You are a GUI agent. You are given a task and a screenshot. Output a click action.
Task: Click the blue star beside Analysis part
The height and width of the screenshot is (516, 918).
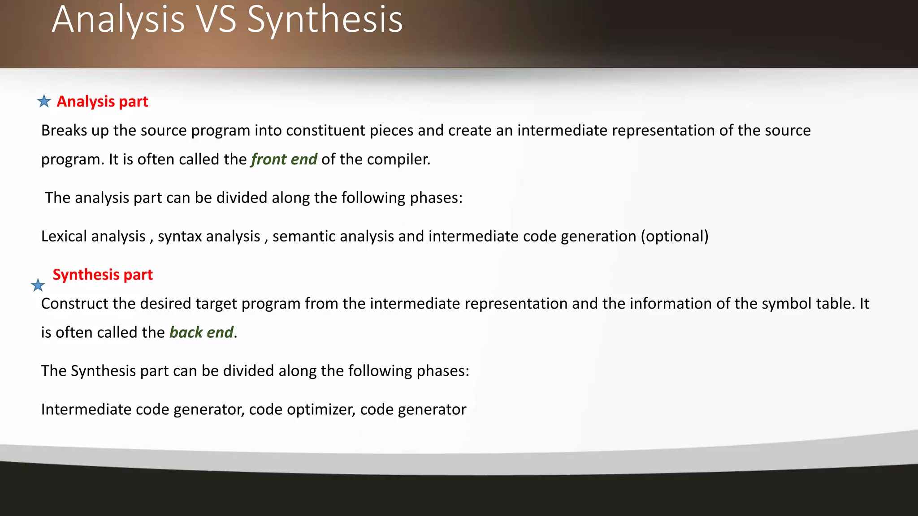pyautogui.click(x=44, y=101)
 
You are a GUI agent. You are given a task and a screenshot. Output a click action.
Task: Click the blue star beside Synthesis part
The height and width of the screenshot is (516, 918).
pyautogui.click(x=38, y=285)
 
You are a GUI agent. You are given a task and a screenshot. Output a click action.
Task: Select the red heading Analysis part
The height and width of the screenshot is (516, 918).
pyautogui.click(x=102, y=102)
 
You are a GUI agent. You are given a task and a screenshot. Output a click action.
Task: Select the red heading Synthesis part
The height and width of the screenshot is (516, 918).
pyautogui.click(x=103, y=275)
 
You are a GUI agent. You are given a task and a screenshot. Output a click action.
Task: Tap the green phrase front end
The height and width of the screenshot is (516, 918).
pyautogui.click(x=284, y=159)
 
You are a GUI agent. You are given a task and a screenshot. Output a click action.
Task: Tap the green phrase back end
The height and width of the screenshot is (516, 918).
pyautogui.click(x=201, y=332)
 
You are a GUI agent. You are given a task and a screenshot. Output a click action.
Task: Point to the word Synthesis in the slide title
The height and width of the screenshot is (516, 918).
pyautogui.click(x=325, y=20)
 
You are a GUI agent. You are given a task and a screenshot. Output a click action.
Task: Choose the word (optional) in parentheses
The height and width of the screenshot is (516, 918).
pyautogui.click(x=675, y=236)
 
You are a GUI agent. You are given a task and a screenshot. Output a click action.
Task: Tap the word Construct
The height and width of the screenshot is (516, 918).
pyautogui.click(x=74, y=304)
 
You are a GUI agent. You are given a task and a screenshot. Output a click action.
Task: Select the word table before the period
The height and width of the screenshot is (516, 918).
pyautogui.click(x=833, y=304)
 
